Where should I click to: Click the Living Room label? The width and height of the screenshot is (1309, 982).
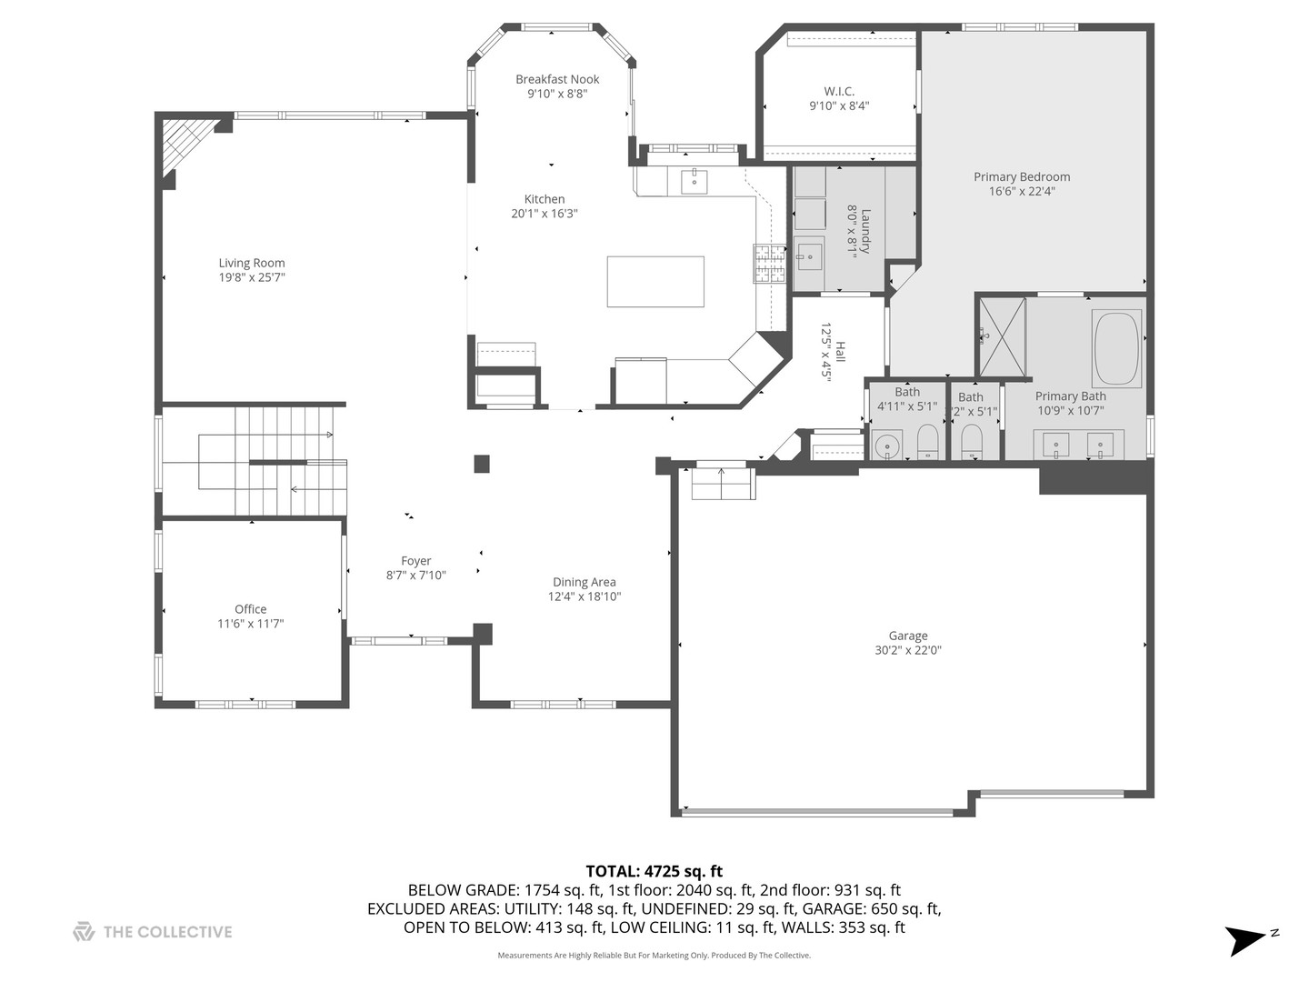pos(251,264)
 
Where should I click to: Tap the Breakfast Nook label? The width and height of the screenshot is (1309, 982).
pos(557,79)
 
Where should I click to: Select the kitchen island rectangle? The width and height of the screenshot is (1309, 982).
pos(654,281)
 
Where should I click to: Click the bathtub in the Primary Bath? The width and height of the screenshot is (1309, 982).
pos(1117,350)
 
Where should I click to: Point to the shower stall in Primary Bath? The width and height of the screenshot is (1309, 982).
pos(1002,336)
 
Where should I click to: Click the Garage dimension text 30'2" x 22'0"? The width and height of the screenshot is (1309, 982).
pos(907,651)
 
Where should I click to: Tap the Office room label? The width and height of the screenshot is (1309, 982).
pos(250,609)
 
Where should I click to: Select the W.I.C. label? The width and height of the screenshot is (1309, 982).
pos(839,91)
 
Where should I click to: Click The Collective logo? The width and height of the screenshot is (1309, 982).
pos(153,932)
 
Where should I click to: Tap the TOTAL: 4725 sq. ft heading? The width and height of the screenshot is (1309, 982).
pos(654,871)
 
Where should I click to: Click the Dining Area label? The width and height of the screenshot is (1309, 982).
pos(584,582)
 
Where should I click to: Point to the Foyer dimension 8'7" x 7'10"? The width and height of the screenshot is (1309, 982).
pos(416,576)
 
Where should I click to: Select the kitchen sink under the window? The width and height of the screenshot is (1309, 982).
pos(694,181)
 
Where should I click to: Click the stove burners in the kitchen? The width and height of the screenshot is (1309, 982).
pos(768,265)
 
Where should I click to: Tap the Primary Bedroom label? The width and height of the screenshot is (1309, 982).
pos(1022,177)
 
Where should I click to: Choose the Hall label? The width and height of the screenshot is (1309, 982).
pos(841,353)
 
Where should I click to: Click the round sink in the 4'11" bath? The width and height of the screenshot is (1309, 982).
pos(886,446)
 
